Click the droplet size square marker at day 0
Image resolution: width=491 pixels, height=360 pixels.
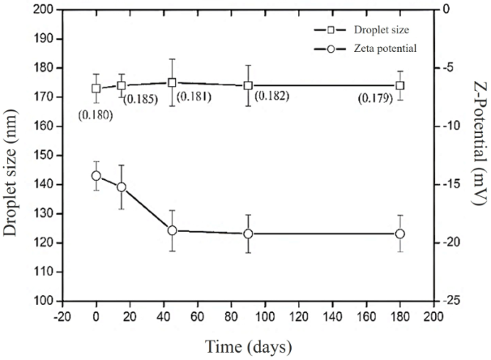click(x=96, y=88)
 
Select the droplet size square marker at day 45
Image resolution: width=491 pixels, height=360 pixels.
click(x=172, y=82)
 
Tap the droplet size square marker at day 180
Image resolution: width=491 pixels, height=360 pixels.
click(x=400, y=85)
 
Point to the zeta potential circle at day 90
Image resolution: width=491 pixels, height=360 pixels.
click(x=248, y=234)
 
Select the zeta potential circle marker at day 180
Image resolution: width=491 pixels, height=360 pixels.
click(x=400, y=234)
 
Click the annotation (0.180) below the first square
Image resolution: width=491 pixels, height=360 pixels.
click(x=95, y=114)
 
